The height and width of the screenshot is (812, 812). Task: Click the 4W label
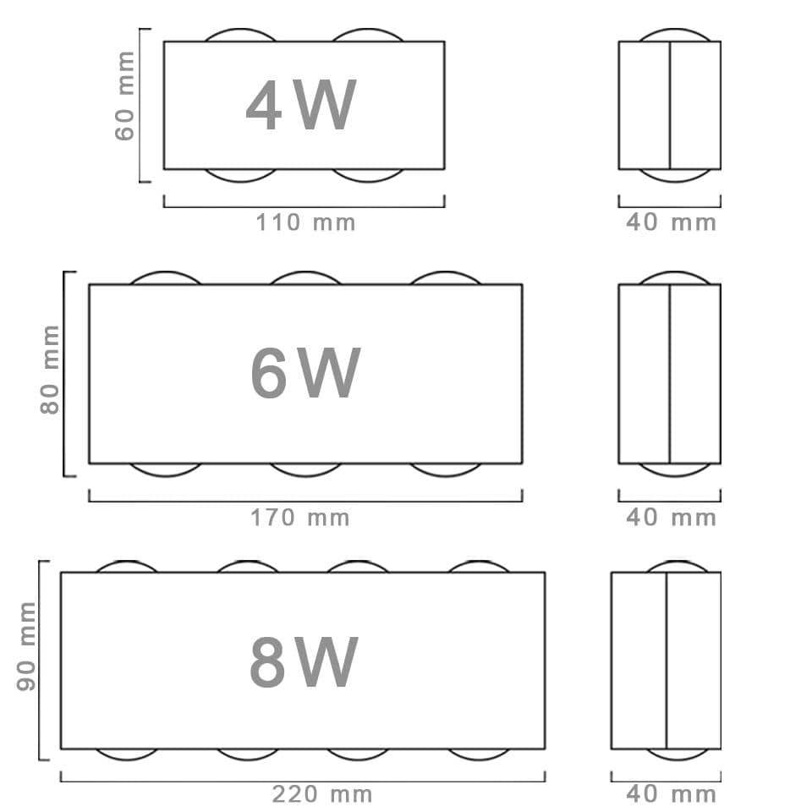coord(301,105)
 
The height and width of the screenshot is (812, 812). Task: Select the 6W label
coord(305,372)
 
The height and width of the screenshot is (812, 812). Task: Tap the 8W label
coord(304,661)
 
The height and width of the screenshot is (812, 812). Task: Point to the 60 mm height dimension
coord(125,96)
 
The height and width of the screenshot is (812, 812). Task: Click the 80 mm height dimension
coord(50,370)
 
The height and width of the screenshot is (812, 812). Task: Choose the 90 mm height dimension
coord(26,646)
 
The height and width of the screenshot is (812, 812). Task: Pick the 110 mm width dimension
coord(305,222)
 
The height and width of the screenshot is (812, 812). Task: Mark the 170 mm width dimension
coord(299,518)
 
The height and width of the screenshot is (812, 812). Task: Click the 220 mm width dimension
coord(322,794)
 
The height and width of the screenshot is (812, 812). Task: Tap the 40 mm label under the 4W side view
coord(671,222)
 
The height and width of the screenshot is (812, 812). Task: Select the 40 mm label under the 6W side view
coord(671,518)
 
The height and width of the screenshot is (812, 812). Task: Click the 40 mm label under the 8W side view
coord(671,794)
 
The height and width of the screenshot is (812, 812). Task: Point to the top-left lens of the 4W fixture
coord(240,30)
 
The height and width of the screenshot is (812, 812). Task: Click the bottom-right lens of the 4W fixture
coord(368,181)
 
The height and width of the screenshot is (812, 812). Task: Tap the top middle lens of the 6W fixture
coord(305,272)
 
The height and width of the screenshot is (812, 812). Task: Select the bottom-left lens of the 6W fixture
coord(166,475)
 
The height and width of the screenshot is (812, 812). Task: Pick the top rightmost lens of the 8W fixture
coord(478,562)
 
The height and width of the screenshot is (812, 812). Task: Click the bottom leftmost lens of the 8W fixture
coord(127,760)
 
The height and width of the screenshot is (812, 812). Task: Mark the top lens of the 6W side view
coord(674,272)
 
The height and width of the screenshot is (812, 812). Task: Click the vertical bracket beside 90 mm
coord(40,661)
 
